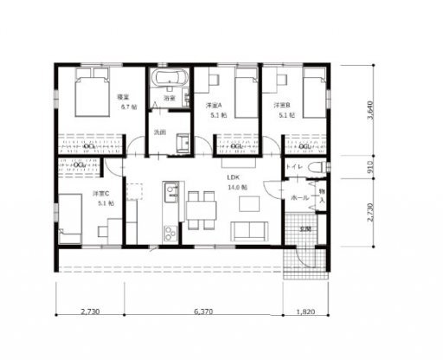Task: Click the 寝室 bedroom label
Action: [123, 98]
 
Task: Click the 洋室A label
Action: [215, 105]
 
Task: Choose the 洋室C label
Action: [100, 195]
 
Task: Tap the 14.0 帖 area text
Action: [237, 187]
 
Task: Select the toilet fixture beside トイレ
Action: [315, 165]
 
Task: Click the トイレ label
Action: [293, 166]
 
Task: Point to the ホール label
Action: [299, 197]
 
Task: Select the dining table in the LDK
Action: [201, 208]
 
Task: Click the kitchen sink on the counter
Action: [170, 189]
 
